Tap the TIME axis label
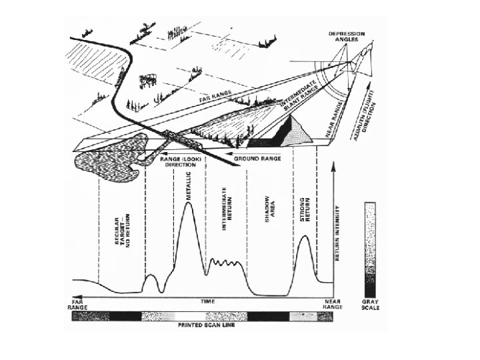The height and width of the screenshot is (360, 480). pyautogui.click(x=209, y=301)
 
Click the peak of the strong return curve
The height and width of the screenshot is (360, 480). pyautogui.click(x=303, y=236)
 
